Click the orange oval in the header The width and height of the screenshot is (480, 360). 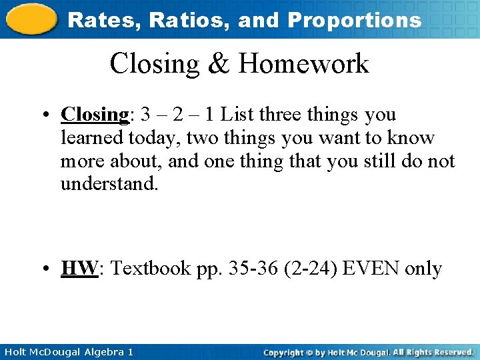(31, 19)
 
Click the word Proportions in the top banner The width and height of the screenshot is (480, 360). (354, 20)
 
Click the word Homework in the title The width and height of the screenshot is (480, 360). (303, 64)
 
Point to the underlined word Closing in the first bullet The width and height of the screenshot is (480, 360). (94, 115)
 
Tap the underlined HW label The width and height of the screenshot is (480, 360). (79, 269)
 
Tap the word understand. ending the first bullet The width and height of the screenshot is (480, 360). (109, 184)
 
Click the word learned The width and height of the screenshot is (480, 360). (90, 138)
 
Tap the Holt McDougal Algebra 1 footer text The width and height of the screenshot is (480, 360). (67, 351)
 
